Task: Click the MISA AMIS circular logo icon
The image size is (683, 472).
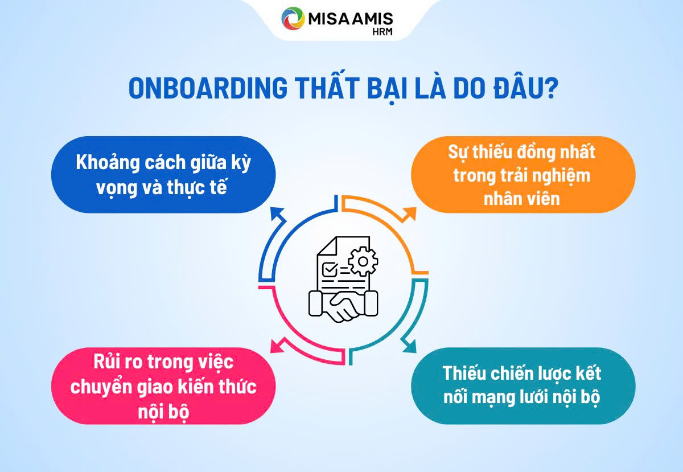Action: click(x=294, y=18)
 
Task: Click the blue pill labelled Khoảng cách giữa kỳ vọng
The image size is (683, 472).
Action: click(x=163, y=174)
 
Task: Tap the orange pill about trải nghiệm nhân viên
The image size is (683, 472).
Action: click(x=523, y=174)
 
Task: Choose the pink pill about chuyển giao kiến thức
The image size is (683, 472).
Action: click(x=163, y=387)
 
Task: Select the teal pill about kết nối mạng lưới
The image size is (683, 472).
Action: click(x=523, y=387)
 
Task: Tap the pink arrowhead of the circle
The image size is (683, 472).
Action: click(x=277, y=345)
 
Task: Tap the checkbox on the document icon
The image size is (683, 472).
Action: click(x=329, y=268)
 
